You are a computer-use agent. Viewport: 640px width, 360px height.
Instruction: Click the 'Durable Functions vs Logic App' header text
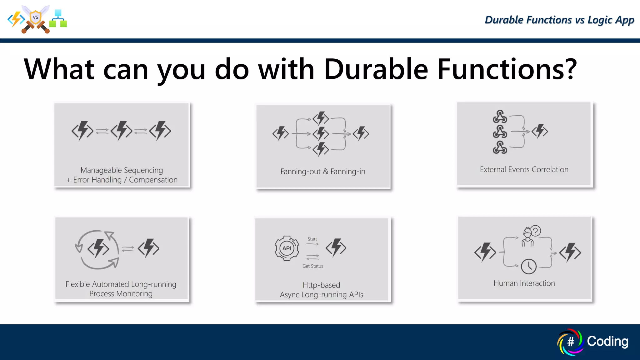tap(559, 20)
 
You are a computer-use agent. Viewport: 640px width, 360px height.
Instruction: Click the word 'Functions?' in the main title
tap(507, 69)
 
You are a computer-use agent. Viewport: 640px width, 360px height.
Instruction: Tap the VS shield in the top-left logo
tap(36, 17)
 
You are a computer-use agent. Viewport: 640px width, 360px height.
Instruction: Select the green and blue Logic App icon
tap(58, 19)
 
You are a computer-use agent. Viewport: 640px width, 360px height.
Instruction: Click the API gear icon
tap(287, 248)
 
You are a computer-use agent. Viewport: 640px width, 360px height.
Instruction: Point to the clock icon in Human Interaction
tap(529, 267)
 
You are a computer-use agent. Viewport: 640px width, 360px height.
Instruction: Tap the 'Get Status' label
tap(312, 266)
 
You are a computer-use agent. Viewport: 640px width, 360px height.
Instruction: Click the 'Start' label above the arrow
tap(312, 239)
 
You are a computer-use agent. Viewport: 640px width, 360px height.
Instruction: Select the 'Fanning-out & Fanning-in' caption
tap(322, 172)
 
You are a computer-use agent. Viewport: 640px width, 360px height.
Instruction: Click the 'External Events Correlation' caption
tap(524, 170)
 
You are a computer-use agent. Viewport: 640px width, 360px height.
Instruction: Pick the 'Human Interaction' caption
tap(524, 283)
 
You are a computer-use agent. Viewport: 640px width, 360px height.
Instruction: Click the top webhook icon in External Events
tap(500, 117)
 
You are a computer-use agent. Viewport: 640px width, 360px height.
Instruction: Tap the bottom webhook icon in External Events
tap(500, 147)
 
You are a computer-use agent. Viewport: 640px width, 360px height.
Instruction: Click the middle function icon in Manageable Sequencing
tap(121, 131)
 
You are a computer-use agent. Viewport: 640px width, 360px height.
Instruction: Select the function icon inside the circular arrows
tap(98, 249)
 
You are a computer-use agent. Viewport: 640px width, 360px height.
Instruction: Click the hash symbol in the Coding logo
tap(570, 342)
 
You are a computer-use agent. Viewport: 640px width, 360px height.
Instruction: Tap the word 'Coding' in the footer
tap(607, 341)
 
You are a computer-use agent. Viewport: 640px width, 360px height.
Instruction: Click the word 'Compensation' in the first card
tap(153, 180)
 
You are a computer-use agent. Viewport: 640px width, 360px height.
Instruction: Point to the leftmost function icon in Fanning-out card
tap(280, 133)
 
